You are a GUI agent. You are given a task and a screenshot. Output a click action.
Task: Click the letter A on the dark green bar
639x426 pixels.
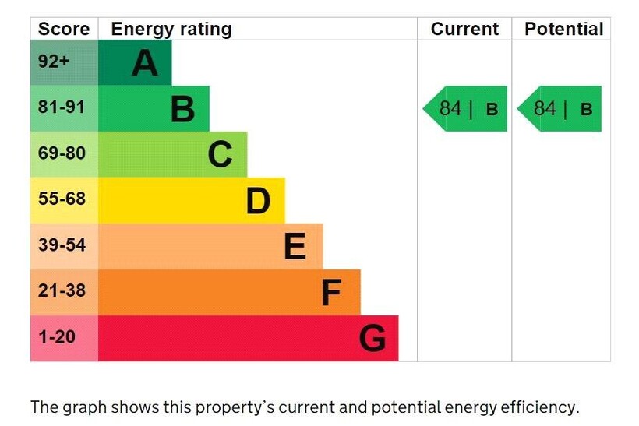click(145, 63)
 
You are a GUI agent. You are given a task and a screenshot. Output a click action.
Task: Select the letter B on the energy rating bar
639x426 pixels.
click(182, 109)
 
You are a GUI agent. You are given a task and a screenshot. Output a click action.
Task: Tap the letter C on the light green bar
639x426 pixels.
click(221, 154)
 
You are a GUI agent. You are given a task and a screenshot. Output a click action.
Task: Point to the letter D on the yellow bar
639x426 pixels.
click(258, 200)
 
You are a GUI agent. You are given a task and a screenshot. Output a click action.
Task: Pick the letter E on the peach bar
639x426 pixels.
click(295, 247)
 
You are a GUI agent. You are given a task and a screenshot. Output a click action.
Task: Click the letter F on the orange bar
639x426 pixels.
click(331, 293)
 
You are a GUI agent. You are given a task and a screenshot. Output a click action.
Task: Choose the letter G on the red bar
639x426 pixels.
click(372, 339)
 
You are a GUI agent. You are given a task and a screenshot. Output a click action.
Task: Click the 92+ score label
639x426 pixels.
click(54, 62)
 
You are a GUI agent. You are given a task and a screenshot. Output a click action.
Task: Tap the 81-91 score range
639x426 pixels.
click(62, 107)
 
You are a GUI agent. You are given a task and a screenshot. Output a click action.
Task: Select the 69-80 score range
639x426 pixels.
click(62, 153)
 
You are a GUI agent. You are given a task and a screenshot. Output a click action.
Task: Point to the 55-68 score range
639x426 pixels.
click(62, 199)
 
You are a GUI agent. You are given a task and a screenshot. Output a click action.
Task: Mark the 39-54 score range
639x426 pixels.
click(62, 245)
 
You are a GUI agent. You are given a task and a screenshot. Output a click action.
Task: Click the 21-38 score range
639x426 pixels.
click(62, 290)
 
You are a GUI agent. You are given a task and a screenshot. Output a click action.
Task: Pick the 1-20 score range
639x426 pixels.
click(57, 336)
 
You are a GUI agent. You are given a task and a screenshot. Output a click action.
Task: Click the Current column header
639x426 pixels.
click(464, 30)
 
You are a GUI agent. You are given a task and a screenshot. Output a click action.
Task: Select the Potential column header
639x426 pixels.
click(563, 30)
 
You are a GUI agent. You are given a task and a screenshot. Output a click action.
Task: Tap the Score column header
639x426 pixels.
click(64, 30)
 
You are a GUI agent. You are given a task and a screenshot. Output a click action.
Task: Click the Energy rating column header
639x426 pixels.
click(171, 30)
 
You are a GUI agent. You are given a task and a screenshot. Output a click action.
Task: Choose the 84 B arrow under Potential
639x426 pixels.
click(560, 108)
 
